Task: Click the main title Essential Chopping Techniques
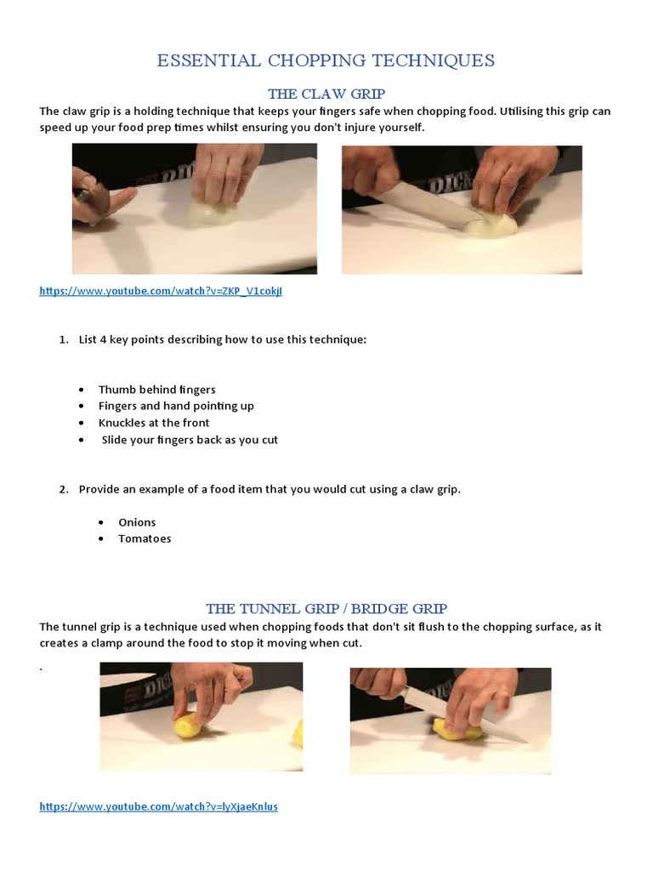[x=326, y=60]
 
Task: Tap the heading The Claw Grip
[x=326, y=94]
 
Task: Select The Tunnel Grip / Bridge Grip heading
[x=326, y=608]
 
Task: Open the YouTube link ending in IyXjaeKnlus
[x=158, y=806]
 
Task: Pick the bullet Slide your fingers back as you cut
[x=190, y=440]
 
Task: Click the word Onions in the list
[x=137, y=522]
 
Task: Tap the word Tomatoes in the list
[x=145, y=538]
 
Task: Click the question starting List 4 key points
[x=222, y=339]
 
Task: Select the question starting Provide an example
[x=270, y=489]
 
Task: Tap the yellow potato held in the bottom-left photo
[x=189, y=728]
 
